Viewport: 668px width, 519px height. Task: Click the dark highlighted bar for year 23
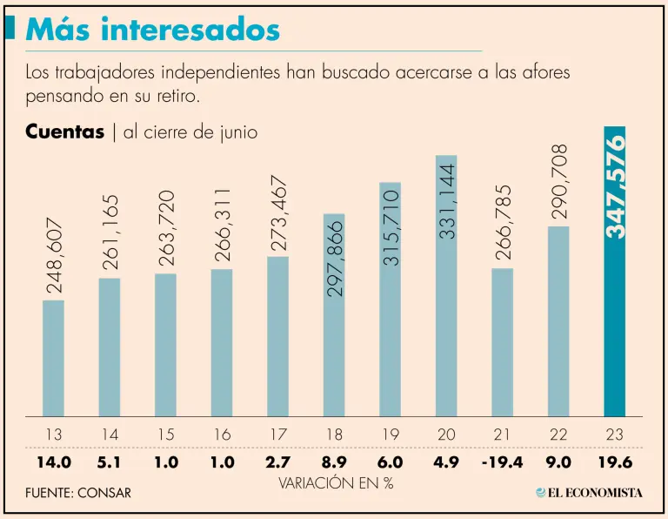point(614,331)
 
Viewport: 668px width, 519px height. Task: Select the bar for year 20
point(445,331)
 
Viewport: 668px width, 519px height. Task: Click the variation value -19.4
point(502,462)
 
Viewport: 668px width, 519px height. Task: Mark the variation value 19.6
point(614,462)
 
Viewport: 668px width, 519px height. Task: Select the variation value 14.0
point(53,462)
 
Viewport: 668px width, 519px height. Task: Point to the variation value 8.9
point(334,462)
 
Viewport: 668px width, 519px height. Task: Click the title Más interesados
point(152,30)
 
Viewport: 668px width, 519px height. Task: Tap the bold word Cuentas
point(64,132)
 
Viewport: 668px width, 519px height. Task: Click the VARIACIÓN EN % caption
point(336,482)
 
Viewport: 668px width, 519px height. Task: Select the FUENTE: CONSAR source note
point(78,493)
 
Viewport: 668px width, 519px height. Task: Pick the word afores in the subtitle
point(545,72)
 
